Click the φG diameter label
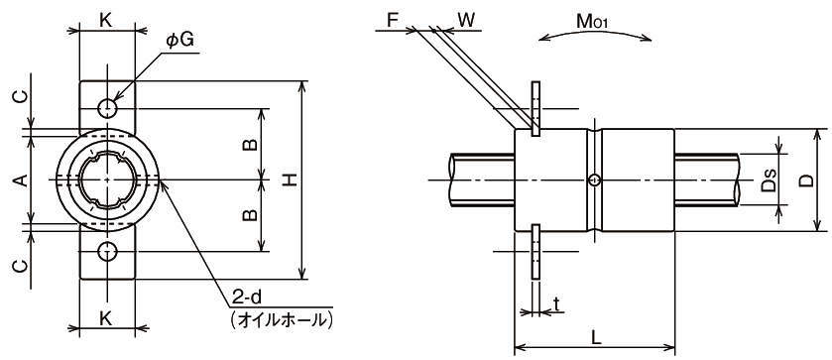click(179, 42)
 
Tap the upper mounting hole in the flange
click(107, 108)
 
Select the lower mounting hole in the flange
click(107, 251)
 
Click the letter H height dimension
click(290, 180)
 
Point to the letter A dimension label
click(20, 180)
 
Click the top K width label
click(106, 20)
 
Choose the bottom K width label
click(106, 318)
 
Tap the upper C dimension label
click(20, 97)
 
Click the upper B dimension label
click(251, 145)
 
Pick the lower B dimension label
click(251, 214)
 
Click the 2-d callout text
click(247, 299)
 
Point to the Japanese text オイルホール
click(282, 319)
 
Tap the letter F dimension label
click(393, 20)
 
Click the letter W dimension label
click(466, 20)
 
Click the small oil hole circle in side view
click(595, 180)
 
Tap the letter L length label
click(596, 338)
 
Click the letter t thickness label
click(555, 304)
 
